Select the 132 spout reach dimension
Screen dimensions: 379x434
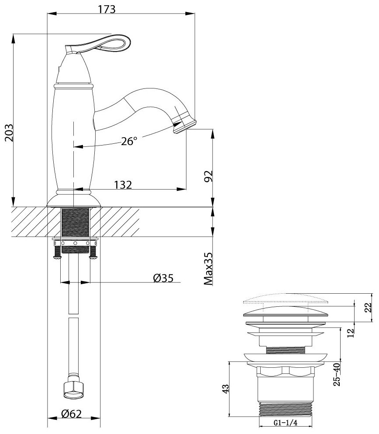coord(123,185)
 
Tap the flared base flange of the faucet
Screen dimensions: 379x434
coord(74,200)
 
